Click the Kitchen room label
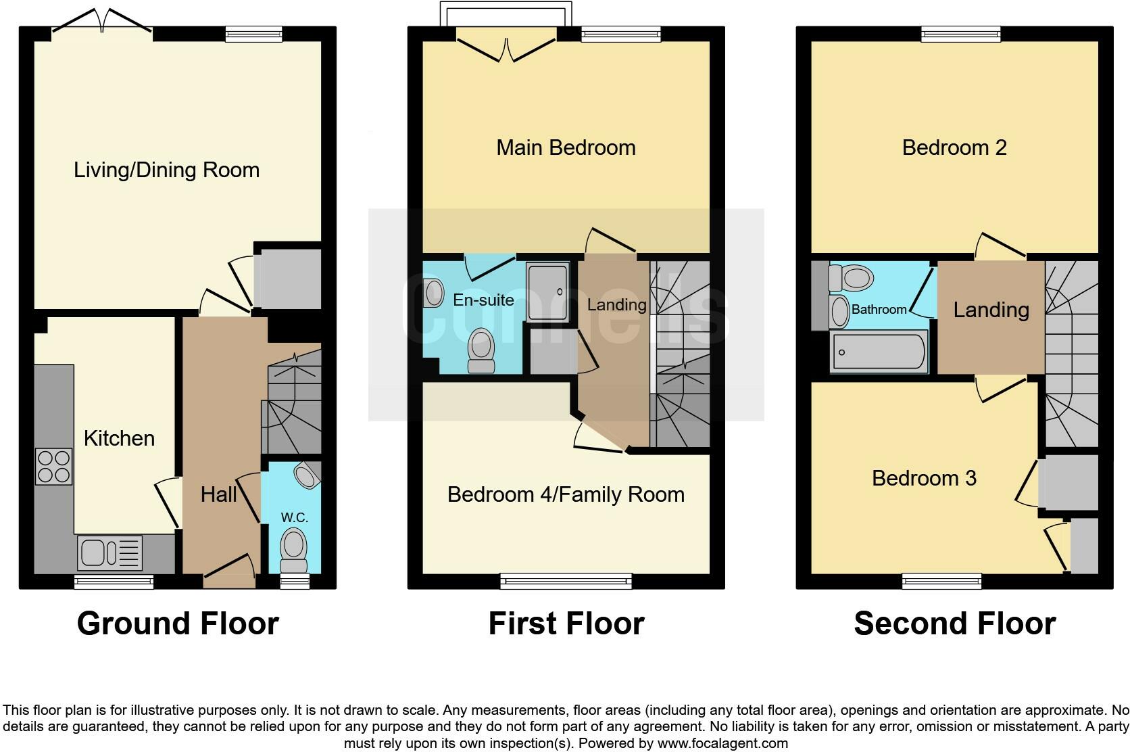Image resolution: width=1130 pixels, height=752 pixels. pyautogui.click(x=119, y=438)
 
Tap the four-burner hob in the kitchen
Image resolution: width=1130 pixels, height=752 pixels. pyautogui.click(x=54, y=467)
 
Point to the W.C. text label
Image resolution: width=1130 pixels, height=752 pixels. pyautogui.click(x=294, y=517)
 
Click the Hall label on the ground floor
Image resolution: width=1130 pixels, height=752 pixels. pyautogui.click(x=218, y=494)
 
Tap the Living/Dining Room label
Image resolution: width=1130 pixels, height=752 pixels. pyautogui.click(x=166, y=170)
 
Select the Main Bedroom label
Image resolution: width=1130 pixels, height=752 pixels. pyautogui.click(x=566, y=147)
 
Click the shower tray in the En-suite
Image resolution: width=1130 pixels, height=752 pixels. pyautogui.click(x=547, y=292)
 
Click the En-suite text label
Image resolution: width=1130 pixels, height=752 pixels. pyautogui.click(x=483, y=300)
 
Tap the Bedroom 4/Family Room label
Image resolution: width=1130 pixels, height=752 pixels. pyautogui.click(x=566, y=494)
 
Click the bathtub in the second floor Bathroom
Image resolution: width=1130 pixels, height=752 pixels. pyautogui.click(x=879, y=352)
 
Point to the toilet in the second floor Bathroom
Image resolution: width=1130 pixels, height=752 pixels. pyautogui.click(x=852, y=277)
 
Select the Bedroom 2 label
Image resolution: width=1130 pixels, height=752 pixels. pyautogui.click(x=954, y=147)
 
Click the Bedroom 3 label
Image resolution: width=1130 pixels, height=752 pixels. pyautogui.click(x=924, y=478)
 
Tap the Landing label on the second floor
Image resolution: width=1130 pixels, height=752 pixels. pyautogui.click(x=991, y=310)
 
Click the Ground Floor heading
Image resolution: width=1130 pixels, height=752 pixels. pyautogui.click(x=178, y=623)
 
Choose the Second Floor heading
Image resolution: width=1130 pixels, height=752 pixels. pyautogui.click(x=954, y=623)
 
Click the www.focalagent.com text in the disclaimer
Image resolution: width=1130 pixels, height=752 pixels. pyautogui.click(x=722, y=743)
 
